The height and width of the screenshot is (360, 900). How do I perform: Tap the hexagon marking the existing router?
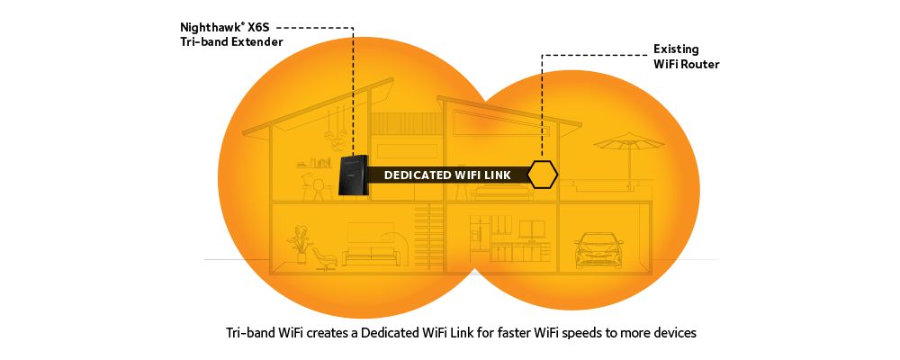click(542, 175)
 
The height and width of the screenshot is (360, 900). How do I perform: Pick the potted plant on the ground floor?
click(298, 243)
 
